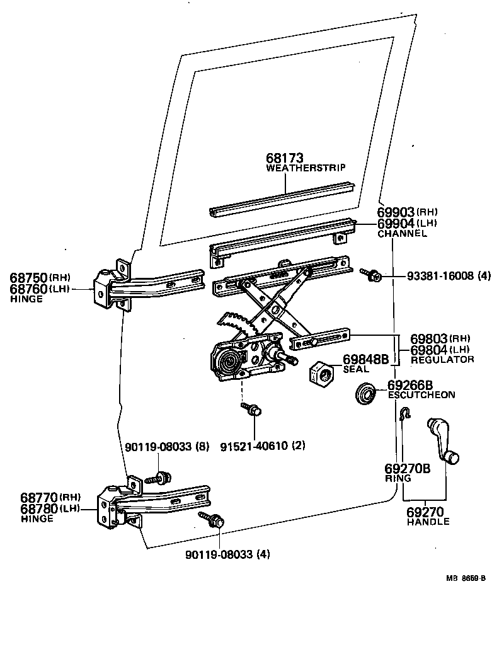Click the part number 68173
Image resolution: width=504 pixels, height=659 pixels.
coord(285,159)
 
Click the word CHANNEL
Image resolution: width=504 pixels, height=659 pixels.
coord(402,234)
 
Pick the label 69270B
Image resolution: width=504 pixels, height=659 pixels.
coord(407,469)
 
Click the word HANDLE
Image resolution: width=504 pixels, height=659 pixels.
coord(428,522)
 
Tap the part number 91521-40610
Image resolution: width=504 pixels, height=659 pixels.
coord(263,445)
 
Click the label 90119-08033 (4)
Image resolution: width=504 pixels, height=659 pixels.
coord(227,554)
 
